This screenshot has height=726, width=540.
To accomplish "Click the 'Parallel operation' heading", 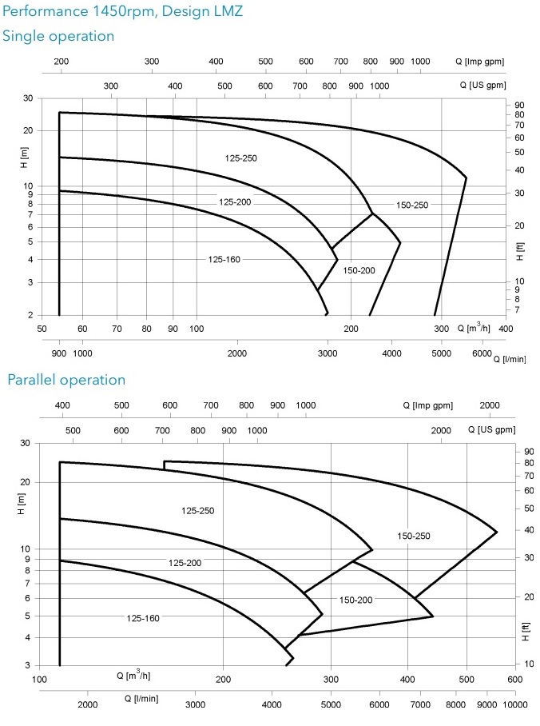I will click(66, 380).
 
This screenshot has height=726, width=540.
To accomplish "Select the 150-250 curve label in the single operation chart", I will click(412, 205).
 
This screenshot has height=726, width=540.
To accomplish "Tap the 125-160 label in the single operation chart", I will click(224, 259).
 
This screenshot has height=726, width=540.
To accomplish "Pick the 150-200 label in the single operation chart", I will click(359, 270).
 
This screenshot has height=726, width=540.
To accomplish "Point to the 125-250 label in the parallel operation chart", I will click(197, 510).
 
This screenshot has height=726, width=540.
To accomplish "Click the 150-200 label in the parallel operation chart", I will click(355, 600).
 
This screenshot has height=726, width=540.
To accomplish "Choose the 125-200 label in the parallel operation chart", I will click(185, 563).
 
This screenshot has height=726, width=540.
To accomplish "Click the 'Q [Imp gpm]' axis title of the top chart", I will click(479, 62).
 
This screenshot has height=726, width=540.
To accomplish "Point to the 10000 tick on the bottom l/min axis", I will click(514, 704).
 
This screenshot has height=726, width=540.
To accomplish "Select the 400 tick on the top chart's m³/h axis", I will click(506, 329).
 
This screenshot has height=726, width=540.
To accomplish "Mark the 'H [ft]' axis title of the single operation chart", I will click(521, 251).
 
